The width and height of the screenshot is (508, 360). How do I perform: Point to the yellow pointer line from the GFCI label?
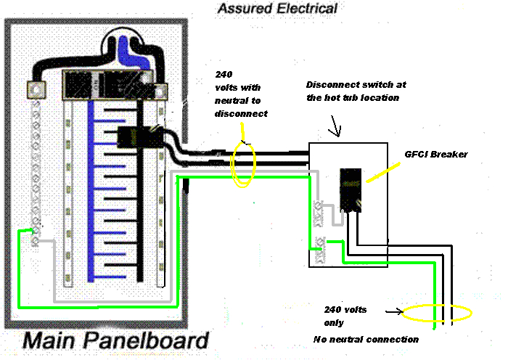pyautogui.click(x=385, y=171)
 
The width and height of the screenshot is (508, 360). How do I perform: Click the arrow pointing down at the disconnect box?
pyautogui.click(x=335, y=131)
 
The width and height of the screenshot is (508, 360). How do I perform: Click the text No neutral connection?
pyautogui.click(x=366, y=339)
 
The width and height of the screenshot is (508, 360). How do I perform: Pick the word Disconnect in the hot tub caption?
pyautogui.click(x=335, y=83)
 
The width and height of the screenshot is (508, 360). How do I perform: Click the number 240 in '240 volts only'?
pyautogui.click(x=332, y=310)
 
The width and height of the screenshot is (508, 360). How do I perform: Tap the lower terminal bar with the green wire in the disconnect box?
pyautogui.click(x=317, y=247)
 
